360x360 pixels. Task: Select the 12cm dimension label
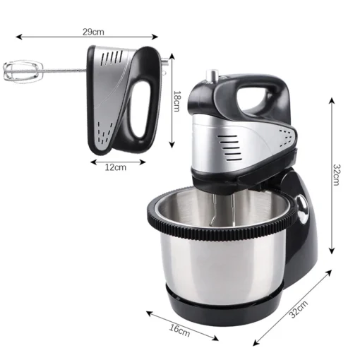116,167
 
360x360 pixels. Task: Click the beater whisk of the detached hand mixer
21,70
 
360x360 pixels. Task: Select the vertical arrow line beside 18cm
172,99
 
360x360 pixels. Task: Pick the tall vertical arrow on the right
330,174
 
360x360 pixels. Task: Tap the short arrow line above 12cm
116,160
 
